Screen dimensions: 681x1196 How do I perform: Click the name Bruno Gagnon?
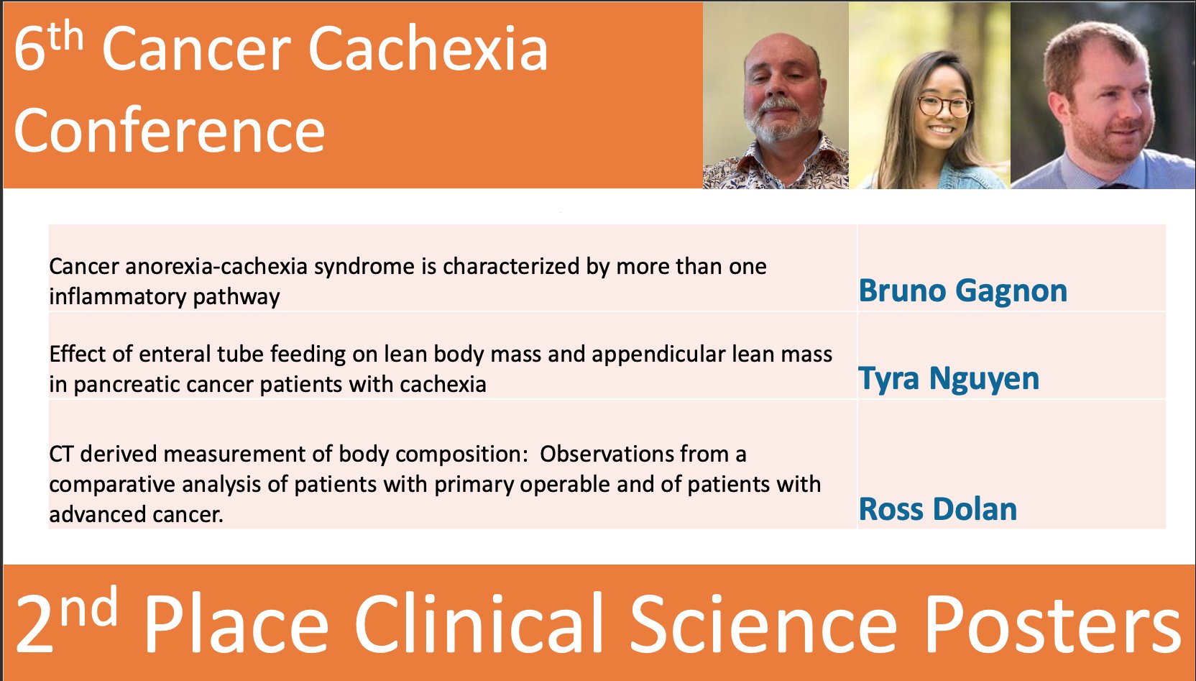coord(962,291)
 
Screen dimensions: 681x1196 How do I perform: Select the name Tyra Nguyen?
coord(949,379)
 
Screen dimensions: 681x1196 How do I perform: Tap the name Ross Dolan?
coord(937,510)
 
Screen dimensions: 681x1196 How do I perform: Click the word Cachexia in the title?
coord(428,50)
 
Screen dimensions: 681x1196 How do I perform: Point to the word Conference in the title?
coord(170,132)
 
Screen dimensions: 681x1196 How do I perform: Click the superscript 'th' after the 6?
coord(66,36)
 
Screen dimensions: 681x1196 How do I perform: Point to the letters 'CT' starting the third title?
coord(61,454)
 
